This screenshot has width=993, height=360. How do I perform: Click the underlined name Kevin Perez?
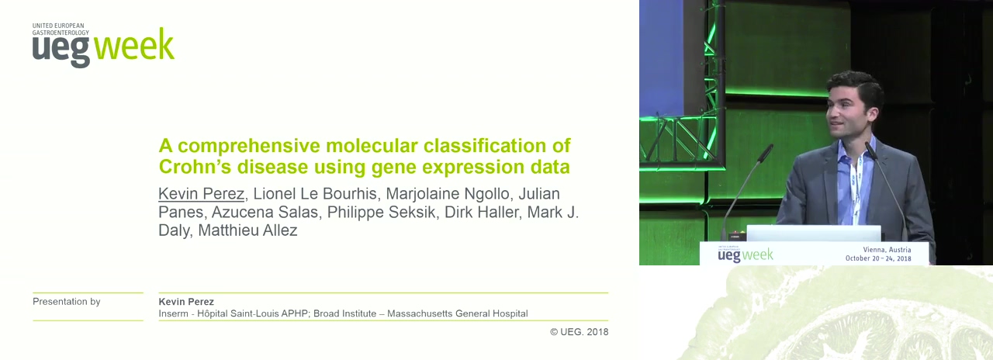point(201,194)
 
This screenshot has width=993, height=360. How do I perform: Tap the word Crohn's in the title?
point(194,167)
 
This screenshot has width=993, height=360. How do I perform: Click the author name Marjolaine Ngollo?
point(448,194)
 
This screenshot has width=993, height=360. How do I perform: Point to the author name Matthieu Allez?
point(247,230)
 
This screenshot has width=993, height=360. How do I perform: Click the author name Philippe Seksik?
point(382,213)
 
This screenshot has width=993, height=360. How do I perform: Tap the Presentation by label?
point(67,302)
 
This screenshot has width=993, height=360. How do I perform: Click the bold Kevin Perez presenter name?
point(186,302)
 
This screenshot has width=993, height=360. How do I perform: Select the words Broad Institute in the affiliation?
point(345,313)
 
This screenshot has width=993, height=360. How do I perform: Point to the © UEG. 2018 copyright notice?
point(579,331)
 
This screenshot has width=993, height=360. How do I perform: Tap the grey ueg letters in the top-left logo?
point(61,52)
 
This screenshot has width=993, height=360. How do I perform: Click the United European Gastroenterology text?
point(61,29)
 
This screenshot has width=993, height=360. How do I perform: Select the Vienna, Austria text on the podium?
point(887,250)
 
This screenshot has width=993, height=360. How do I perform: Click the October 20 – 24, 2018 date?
point(878,258)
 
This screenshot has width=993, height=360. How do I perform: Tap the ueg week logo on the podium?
point(746,254)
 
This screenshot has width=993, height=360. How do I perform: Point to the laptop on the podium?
point(814,234)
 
